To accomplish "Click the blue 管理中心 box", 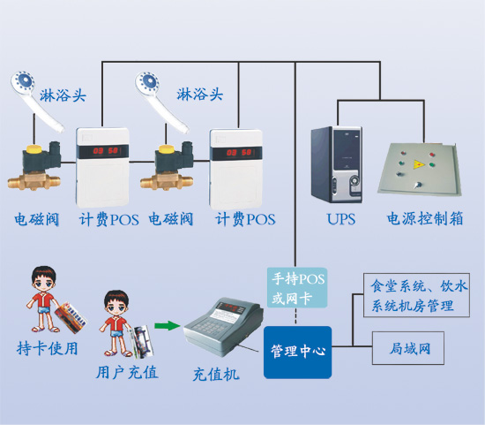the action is tap(297, 353).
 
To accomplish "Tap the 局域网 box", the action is tap(408, 348).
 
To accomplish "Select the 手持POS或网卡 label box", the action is tap(297, 288).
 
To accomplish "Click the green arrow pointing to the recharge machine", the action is tap(167, 326).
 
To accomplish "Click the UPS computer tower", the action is tap(337, 164).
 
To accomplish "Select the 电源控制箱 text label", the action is tap(425, 218).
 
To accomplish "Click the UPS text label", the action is tap(341, 219).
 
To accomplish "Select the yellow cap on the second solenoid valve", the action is tap(167, 149).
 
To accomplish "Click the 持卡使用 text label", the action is tap(47, 348).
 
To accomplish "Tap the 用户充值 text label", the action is tap(127, 372).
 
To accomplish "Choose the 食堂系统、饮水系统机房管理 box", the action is tap(416, 295).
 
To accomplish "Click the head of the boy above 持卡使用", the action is tap(43, 278).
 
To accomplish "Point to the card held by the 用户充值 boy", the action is tap(142, 340).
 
